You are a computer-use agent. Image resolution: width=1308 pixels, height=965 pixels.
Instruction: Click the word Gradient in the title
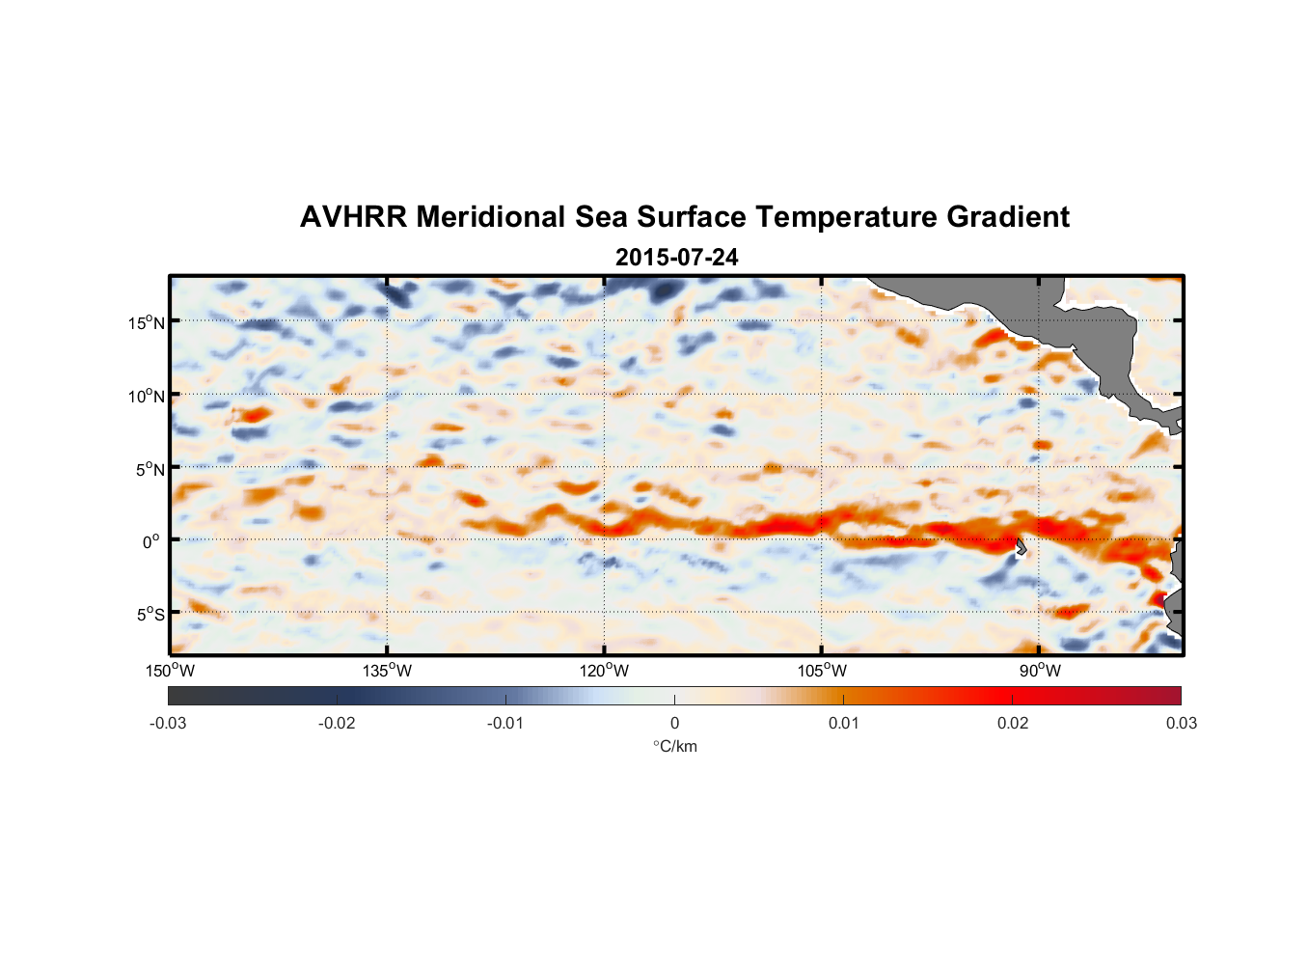(1007, 217)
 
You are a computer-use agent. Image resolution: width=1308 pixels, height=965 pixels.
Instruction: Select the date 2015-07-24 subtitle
(676, 258)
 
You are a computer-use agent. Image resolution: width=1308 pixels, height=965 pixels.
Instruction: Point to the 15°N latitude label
(147, 322)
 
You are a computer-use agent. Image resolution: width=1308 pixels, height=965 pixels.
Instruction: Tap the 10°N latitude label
(147, 396)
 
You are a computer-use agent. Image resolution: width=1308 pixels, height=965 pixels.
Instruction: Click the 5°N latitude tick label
(150, 469)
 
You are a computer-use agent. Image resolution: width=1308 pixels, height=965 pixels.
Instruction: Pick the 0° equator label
(151, 542)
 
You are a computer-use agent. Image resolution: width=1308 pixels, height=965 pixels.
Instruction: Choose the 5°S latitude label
(150, 615)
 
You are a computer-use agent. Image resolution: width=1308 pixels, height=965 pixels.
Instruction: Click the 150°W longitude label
(171, 671)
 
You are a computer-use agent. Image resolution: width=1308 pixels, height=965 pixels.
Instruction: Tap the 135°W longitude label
(388, 671)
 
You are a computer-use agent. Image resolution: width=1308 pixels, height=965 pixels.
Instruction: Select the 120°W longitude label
(605, 671)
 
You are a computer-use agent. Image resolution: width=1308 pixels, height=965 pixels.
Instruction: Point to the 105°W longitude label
(822, 671)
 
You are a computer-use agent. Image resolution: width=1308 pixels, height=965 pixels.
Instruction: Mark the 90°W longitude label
(1039, 671)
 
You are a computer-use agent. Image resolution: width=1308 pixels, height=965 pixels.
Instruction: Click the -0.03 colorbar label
(168, 723)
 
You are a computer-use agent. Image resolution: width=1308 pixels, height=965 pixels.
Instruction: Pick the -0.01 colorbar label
(505, 723)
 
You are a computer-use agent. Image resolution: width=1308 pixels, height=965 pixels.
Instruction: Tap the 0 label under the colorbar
(674, 723)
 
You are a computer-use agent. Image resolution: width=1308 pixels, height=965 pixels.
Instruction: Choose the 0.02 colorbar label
(1012, 723)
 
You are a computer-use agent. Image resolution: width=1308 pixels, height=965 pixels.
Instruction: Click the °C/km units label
(674, 746)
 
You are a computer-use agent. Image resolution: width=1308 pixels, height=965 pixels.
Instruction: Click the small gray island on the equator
(1021, 547)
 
